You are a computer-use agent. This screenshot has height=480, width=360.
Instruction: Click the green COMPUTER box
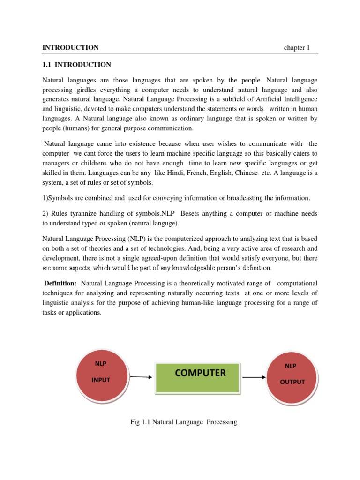click(x=200, y=378)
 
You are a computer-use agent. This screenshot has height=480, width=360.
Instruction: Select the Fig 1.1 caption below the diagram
click(x=183, y=422)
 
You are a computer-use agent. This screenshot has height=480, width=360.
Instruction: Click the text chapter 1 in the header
click(x=297, y=48)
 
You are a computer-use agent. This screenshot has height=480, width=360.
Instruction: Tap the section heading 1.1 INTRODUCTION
click(x=77, y=65)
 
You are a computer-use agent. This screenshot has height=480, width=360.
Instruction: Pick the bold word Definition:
click(x=60, y=283)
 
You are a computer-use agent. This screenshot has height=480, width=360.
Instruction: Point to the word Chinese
click(x=244, y=173)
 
